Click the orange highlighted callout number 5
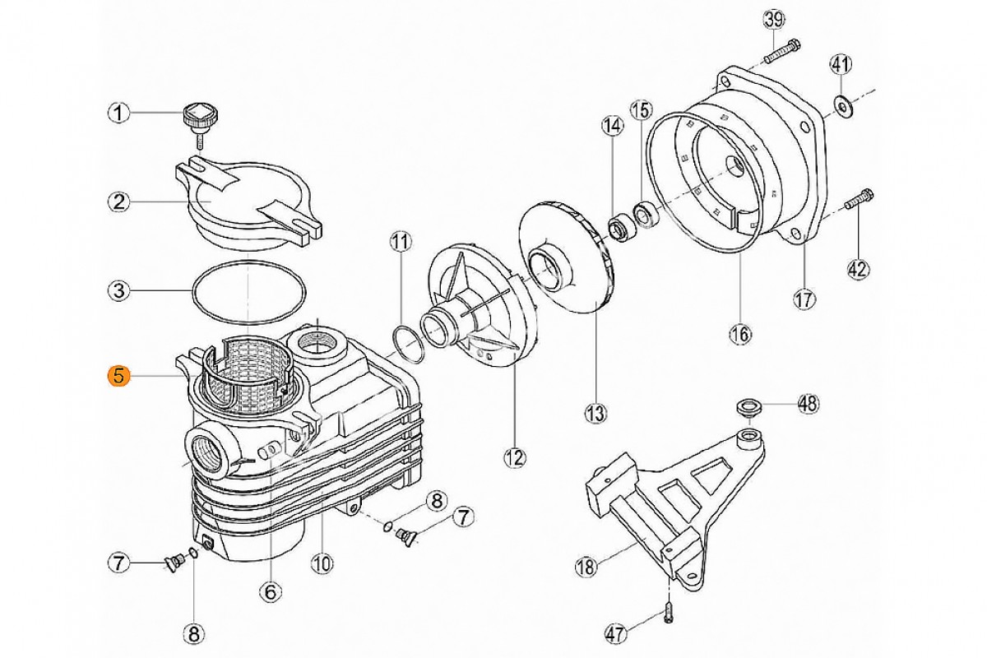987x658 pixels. [119, 377]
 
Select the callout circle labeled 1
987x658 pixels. [119, 114]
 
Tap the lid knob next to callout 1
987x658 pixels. [197, 121]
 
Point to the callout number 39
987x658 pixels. [774, 20]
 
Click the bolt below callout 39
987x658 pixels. [783, 51]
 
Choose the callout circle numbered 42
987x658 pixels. [858, 269]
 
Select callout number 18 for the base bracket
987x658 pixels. [586, 567]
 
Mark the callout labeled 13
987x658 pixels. [595, 414]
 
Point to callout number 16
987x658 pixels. [740, 334]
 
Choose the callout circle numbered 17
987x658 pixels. [804, 299]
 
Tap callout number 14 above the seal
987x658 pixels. [613, 127]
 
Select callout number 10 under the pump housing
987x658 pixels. [322, 563]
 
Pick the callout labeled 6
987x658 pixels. [270, 592]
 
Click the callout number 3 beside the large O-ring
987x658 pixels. [119, 291]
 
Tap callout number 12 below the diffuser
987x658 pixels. [515, 458]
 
